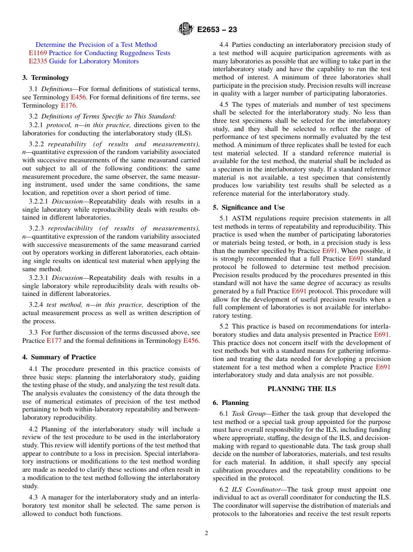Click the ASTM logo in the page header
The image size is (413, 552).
(x=186, y=30)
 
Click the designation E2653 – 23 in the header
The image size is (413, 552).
(x=217, y=30)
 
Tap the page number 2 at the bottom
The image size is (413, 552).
(x=206, y=533)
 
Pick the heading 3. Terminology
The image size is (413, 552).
(x=46, y=78)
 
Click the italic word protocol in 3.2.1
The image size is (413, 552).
(x=59, y=125)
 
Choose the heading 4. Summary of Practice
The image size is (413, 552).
(x=59, y=357)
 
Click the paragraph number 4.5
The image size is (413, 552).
(x=224, y=105)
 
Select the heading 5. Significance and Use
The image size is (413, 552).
(x=249, y=207)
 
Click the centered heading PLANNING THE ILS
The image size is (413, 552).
(x=302, y=389)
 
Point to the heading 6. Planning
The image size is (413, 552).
(x=230, y=403)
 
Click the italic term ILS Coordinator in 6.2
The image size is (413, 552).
(x=256, y=490)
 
